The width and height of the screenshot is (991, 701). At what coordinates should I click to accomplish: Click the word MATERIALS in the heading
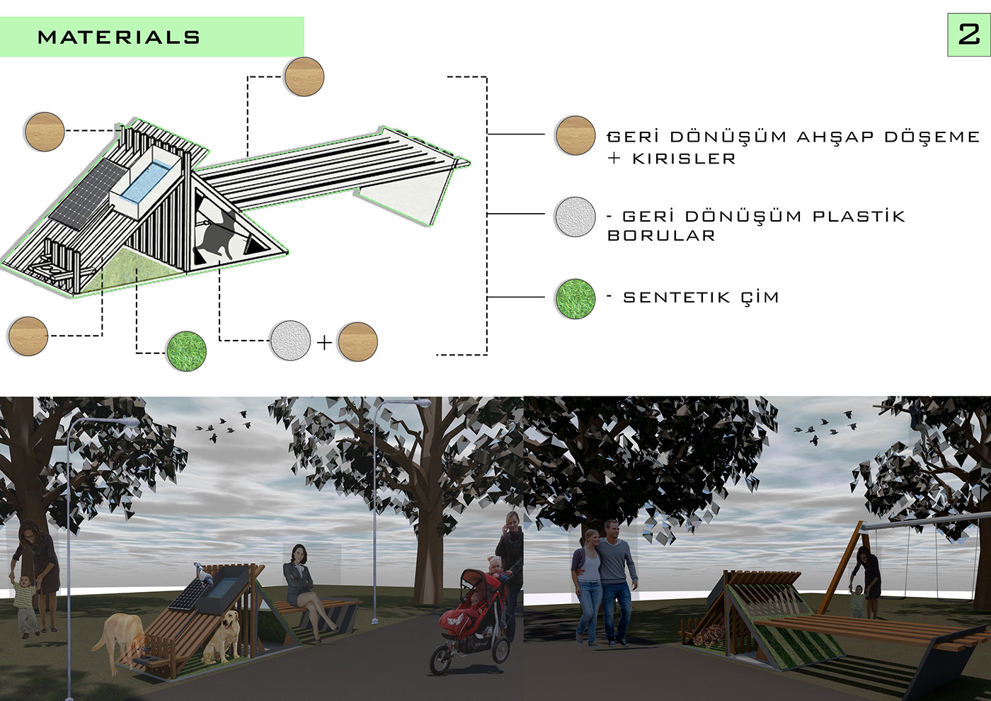coord(119,38)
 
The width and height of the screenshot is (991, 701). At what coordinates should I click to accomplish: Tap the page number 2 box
coord(968,35)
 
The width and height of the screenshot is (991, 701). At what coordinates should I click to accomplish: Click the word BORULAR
coord(661,236)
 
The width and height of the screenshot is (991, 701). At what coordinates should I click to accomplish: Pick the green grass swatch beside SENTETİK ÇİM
coord(575,298)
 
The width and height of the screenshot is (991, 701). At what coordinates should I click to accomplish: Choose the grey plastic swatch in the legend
coord(575,217)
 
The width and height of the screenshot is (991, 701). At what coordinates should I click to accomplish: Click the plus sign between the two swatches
coord(324,343)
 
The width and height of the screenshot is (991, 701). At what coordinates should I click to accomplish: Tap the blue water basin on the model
coord(145,181)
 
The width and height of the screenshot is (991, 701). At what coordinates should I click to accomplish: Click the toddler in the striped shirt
coord(25,605)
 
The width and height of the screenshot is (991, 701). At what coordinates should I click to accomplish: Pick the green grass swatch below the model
coord(186,350)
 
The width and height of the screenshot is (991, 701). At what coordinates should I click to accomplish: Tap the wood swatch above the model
coord(304,76)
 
